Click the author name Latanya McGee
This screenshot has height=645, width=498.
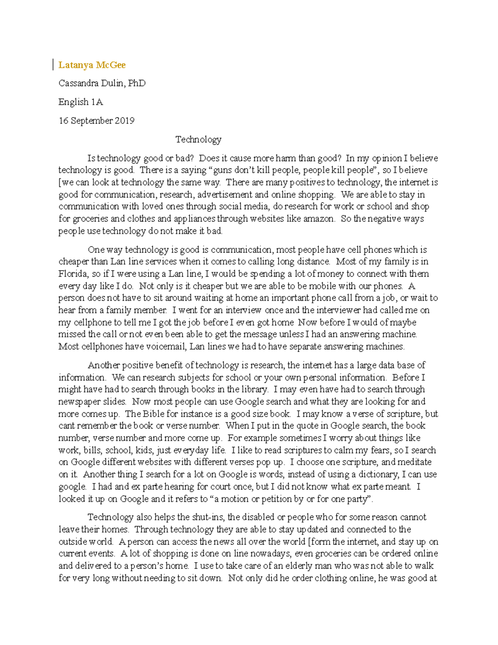[x=92, y=65]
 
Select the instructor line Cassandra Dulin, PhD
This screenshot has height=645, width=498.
[x=102, y=83]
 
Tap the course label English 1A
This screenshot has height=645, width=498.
[x=81, y=102]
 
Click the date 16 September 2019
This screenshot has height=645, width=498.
[x=96, y=120]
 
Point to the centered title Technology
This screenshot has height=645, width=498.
[x=198, y=139]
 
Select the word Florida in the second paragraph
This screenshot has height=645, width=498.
[x=73, y=274]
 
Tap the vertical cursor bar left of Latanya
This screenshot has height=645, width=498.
[x=54, y=65]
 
